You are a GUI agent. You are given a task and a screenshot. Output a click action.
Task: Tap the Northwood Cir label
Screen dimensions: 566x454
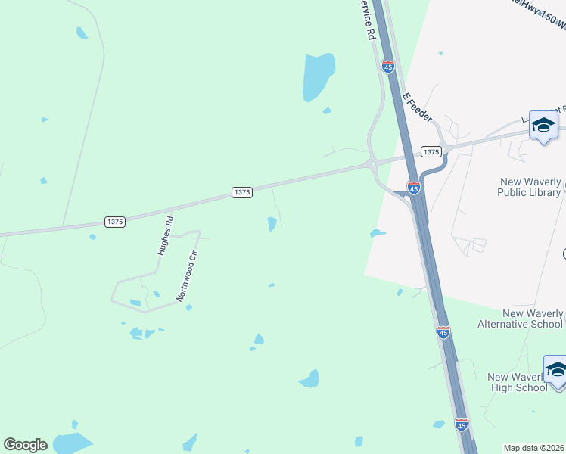tap(187, 276)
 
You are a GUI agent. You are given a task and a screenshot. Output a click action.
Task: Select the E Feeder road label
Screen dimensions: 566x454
tap(418, 107)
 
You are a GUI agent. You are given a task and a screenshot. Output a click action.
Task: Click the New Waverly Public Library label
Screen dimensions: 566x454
tap(529, 187)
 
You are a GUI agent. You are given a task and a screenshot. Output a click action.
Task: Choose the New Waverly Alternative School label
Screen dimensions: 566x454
tap(521, 319)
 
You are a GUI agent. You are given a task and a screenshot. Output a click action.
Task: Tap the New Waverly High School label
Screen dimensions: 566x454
tap(518, 382)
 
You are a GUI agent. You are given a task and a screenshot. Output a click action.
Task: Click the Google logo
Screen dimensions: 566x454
tap(25, 445)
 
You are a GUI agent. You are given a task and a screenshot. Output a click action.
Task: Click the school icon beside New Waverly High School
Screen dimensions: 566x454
tap(556, 371)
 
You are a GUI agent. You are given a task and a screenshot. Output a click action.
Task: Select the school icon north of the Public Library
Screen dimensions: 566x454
tap(543, 126)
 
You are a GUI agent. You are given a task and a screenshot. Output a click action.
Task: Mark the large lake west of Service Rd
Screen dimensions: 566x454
tap(318, 76)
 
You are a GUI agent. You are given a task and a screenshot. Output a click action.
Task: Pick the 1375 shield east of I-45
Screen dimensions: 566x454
tap(431, 152)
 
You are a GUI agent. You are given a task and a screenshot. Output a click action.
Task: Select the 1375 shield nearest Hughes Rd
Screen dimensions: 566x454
tap(115, 222)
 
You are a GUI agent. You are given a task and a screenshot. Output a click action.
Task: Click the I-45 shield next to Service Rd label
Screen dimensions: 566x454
tap(388, 67)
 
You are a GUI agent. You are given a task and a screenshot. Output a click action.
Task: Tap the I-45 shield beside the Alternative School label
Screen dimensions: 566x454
tap(443, 331)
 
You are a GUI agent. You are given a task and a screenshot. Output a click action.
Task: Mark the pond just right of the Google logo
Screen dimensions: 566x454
tap(72, 443)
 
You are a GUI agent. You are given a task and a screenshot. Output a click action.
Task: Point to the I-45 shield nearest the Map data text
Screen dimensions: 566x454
tap(462, 424)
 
